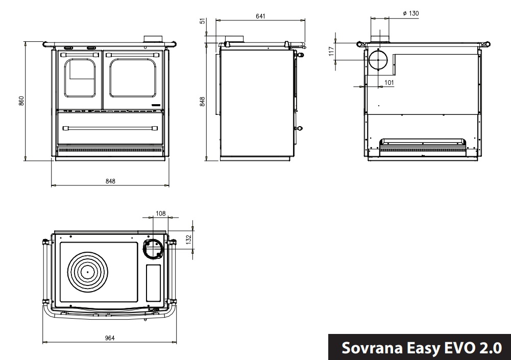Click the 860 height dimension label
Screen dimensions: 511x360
coord(21,101)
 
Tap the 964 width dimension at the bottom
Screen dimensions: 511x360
coord(110,338)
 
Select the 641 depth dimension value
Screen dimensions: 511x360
coord(261,16)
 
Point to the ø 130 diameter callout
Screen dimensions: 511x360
coord(410,13)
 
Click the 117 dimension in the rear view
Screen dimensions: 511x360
coord(331,51)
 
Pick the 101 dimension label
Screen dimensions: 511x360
coord(389,83)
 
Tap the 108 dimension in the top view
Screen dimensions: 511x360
coord(161,213)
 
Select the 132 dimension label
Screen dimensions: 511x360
coord(188,239)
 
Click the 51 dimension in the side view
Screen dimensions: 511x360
coord(203,21)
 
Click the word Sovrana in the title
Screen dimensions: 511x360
coord(371,348)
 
